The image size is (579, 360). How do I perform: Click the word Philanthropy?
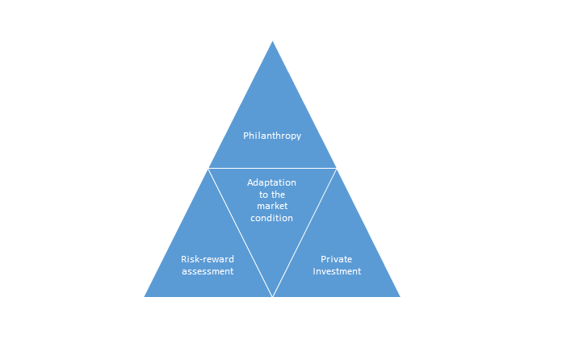[272, 136]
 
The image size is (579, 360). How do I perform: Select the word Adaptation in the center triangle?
[271, 182]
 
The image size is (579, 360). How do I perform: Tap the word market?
[272, 206]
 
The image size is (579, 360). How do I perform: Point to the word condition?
[271, 218]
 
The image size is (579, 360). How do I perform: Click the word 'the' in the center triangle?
[278, 195]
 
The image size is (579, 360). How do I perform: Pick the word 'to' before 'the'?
[263, 195]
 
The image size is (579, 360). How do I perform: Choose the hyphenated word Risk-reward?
[208, 259]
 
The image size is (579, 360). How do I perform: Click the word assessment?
[208, 271]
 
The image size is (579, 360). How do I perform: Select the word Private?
[337, 259]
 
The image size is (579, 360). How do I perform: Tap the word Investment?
[337, 271]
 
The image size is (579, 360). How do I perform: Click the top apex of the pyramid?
[272, 41]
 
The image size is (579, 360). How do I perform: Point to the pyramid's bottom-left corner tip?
[145, 296]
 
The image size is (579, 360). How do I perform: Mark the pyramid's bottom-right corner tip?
[400, 296]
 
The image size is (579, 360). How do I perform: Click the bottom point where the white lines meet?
[272, 296]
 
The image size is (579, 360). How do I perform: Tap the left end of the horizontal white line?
[208, 169]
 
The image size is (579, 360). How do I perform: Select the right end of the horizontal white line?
[337, 169]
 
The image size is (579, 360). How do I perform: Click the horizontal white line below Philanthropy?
[272, 169]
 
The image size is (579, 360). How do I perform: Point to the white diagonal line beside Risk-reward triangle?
[241, 232]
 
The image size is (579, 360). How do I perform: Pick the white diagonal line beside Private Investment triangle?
[304, 232]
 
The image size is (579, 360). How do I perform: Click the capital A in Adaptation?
[250, 182]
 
